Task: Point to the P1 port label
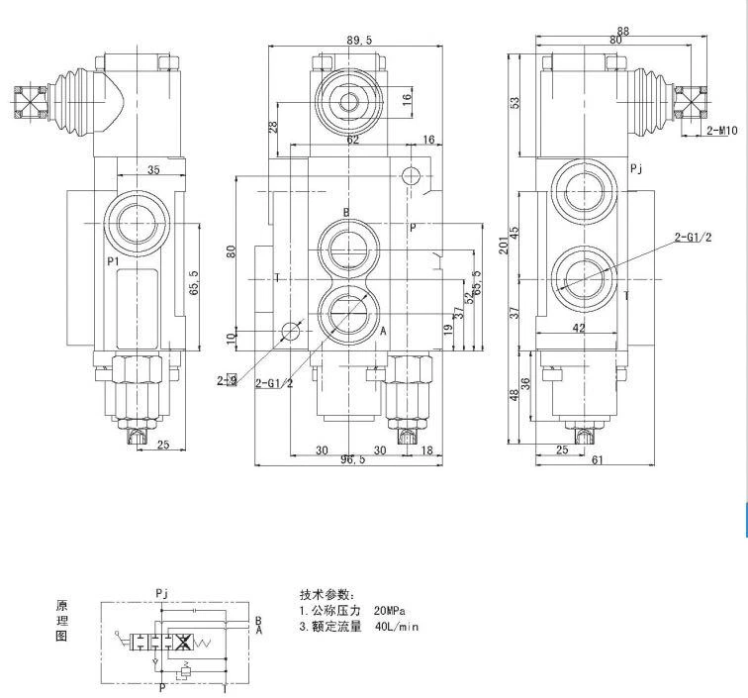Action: coord(114,261)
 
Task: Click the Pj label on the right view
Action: coord(636,169)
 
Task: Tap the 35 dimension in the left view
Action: coord(153,170)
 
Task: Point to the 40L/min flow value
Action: coord(397,627)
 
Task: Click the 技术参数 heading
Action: coord(326,594)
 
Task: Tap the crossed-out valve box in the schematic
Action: coord(181,643)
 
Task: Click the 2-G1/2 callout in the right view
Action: coord(693,236)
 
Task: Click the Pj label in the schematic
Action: coord(162,593)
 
